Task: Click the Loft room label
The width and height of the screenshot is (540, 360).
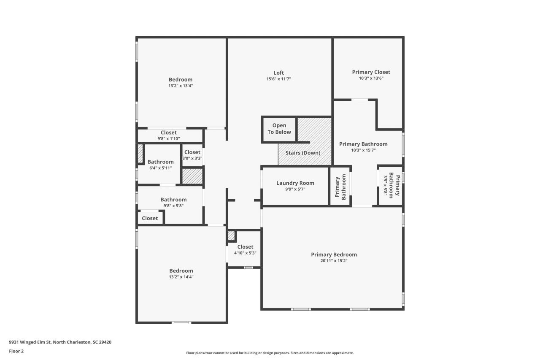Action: click(278, 73)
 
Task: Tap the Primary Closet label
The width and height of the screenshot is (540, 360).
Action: click(371, 72)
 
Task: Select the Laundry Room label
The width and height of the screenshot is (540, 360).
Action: click(295, 183)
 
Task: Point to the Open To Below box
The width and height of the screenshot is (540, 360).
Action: click(279, 129)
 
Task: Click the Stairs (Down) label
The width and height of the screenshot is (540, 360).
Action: click(302, 153)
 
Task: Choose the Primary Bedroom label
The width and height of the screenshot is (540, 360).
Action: click(334, 254)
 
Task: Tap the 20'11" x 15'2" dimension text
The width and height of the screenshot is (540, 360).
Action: click(334, 261)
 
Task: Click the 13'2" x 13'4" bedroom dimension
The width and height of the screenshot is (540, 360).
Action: click(181, 86)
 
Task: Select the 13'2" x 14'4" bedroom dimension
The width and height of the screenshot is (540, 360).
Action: click(181, 277)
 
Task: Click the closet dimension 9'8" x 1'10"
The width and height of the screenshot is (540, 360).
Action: click(169, 139)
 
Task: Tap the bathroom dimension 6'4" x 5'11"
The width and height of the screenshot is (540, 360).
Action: click(160, 168)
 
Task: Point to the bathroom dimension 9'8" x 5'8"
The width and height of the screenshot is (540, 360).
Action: click(173, 206)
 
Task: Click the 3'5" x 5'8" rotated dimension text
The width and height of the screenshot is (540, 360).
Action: click(385, 184)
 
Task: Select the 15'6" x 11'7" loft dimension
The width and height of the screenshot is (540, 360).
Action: click(278, 79)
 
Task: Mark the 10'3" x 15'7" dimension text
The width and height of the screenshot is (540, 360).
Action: click(363, 150)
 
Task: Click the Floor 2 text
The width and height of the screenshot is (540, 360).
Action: click(16, 351)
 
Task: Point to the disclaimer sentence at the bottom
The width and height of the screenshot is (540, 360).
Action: click(270, 353)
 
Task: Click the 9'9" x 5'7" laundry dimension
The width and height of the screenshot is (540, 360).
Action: click(295, 189)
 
